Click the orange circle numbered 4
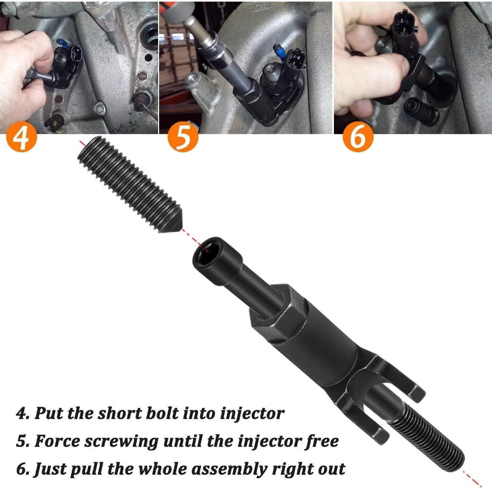tap(21, 137)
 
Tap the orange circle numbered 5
tap(183, 137)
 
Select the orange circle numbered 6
tap(357, 137)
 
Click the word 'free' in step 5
tap(322, 441)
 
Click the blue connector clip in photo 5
tap(278, 49)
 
